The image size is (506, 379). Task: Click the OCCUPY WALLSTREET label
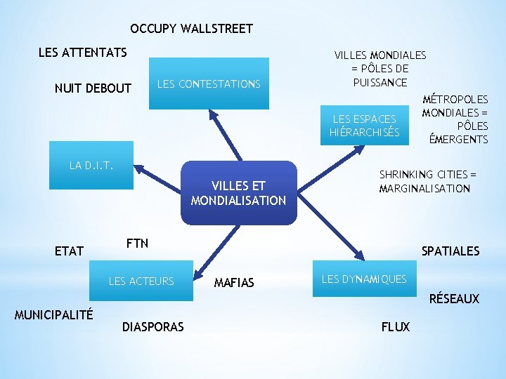tap(191, 29)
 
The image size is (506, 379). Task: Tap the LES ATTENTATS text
tap(82, 53)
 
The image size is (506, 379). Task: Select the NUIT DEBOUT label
tap(93, 88)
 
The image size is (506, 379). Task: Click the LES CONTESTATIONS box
tap(209, 84)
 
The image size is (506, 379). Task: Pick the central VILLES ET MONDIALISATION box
tap(238, 193)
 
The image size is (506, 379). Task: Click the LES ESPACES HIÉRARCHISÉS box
tap(364, 126)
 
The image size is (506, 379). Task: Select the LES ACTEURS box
tap(141, 281)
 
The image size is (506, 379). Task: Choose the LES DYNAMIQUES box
tap(364, 279)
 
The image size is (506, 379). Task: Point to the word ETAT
tap(69, 251)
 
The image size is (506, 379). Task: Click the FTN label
tap(137, 244)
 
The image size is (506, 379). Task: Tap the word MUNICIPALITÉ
tap(53, 313)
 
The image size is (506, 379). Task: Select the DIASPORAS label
tap(153, 326)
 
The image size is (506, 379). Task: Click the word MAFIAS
tap(234, 283)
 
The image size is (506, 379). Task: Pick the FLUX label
tap(395, 326)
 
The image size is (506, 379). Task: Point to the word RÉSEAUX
tap(454, 299)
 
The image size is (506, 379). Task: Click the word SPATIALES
tap(450, 251)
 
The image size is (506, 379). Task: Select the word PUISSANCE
tap(379, 82)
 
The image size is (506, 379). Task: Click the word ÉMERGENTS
tap(458, 139)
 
